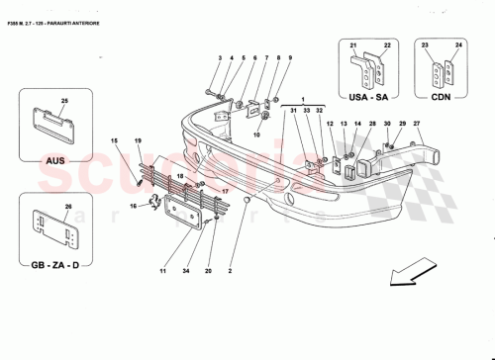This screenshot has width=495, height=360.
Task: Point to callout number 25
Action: [x=66, y=102]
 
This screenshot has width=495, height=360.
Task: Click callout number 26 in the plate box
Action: [x=67, y=207]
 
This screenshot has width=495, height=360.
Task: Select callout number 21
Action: [x=352, y=45]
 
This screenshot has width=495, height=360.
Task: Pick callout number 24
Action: [x=458, y=45]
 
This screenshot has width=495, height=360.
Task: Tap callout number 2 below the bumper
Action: [x=231, y=270]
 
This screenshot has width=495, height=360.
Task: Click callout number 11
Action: [x=162, y=270]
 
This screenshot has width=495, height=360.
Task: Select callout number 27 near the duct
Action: [x=417, y=123]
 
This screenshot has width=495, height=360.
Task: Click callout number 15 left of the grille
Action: [x=114, y=142]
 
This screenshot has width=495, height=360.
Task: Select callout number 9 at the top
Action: [x=289, y=59]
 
